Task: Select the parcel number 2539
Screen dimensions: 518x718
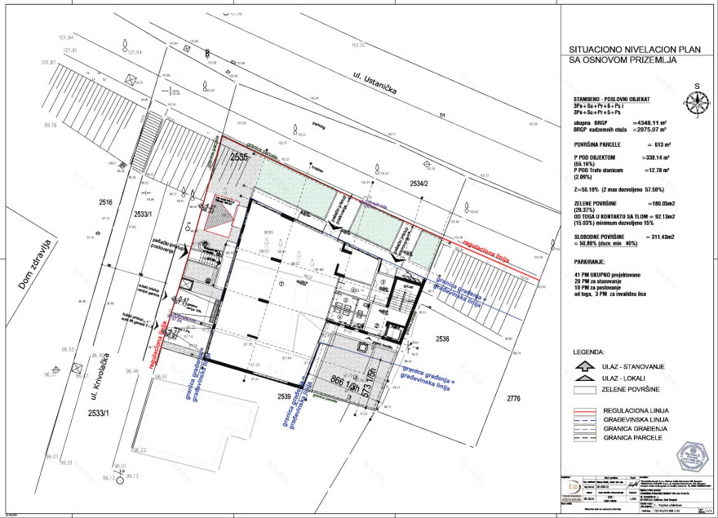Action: tap(284, 396)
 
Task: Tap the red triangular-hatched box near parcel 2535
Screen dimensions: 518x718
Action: tap(221, 216)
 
